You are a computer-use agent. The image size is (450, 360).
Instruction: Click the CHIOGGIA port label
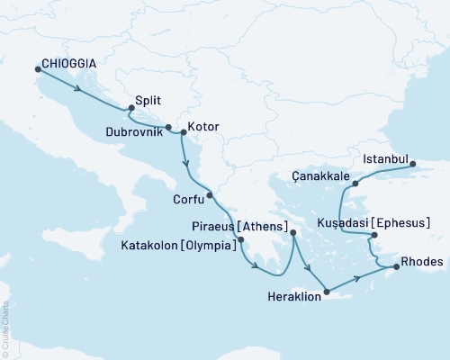coord(69,65)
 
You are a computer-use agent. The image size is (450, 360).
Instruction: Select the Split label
coord(150,102)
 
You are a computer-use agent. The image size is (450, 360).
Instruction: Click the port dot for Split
coord(131,109)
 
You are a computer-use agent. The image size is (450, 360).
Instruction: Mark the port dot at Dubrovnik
coord(168,127)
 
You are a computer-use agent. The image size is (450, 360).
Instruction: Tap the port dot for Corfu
coord(209,194)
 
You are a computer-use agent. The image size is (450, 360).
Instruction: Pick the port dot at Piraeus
coord(293,232)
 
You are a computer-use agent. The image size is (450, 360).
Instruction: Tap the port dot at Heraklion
coord(328,292)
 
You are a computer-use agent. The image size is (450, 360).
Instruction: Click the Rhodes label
coord(423,262)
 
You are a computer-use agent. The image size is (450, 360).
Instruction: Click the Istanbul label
coord(384,159)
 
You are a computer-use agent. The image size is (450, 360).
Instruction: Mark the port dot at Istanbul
coord(413,165)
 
